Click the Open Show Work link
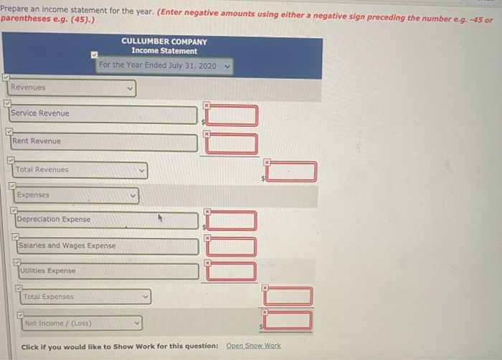pos(253,346)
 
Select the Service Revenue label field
pos(103,114)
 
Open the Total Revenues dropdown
pos(80,170)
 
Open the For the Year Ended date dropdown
pos(165,66)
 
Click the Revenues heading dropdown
pos(72,88)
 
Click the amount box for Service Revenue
pos(232,115)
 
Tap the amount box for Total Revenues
pos(290,171)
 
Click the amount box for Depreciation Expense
pos(231,220)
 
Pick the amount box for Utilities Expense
pos(231,271)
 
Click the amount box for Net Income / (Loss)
pos(288,320)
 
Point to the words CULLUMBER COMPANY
pos(164,42)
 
